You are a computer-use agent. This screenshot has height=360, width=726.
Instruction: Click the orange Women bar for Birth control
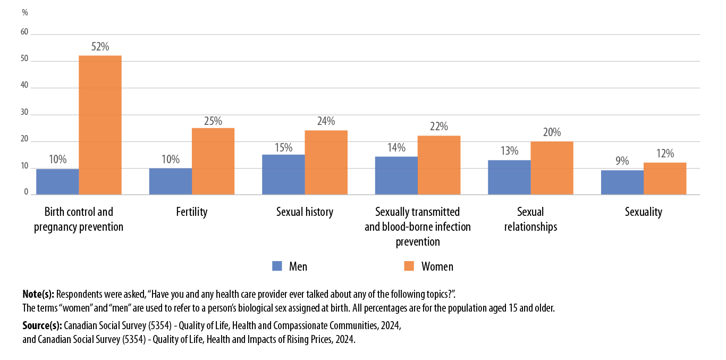click(100, 125)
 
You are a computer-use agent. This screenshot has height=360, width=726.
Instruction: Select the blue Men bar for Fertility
click(170, 181)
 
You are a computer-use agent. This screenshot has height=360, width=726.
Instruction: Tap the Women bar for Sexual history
click(326, 162)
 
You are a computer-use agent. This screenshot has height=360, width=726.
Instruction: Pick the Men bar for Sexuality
click(622, 182)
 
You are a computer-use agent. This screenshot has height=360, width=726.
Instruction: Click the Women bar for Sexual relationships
click(552, 168)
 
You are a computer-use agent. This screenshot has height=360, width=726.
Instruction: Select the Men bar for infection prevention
click(396, 175)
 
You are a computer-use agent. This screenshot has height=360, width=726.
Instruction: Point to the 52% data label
click(100, 47)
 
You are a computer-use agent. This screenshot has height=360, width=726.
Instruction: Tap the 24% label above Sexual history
click(326, 122)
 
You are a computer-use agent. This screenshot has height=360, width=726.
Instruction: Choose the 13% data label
click(509, 151)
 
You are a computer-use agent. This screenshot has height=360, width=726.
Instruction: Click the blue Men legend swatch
click(277, 266)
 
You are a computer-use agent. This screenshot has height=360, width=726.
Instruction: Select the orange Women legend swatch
click(409, 266)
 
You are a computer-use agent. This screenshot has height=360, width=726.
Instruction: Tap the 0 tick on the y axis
click(26, 192)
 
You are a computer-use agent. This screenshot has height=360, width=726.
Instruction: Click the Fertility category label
click(191, 212)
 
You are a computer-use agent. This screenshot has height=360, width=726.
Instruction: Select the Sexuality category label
click(643, 212)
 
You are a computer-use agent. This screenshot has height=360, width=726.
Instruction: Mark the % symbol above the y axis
click(25, 12)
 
